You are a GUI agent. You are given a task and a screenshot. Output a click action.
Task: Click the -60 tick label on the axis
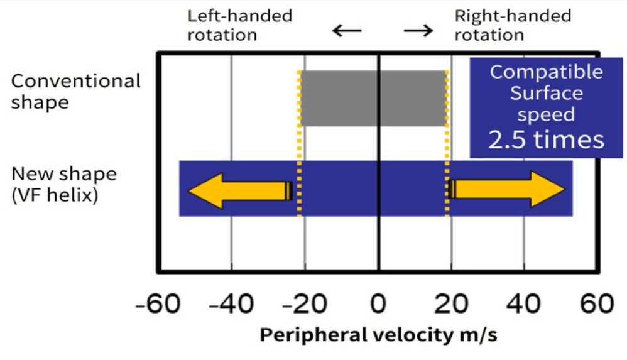[158, 304]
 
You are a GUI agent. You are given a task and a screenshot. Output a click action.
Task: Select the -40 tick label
[231, 304]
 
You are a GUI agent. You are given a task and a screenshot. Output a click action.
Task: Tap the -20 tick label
[305, 304]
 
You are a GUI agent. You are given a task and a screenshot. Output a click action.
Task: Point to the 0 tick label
[378, 304]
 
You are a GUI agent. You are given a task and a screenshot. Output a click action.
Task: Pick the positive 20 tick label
[451, 304]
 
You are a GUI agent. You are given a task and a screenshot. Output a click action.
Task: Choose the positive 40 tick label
[524, 304]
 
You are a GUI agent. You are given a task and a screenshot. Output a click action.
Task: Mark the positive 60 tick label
[597, 304]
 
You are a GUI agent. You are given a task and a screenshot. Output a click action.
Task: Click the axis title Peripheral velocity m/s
[378, 335]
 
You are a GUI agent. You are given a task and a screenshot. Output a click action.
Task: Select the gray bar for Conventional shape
[373, 99]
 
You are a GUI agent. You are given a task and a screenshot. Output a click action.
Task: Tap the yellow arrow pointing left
[241, 190]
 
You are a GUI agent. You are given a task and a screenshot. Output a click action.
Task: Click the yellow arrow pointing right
[506, 189]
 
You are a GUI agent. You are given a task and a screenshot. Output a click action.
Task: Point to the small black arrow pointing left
[347, 30]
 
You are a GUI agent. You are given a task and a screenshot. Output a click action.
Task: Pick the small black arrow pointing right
[418, 30]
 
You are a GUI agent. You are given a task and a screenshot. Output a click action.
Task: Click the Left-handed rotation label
[240, 26]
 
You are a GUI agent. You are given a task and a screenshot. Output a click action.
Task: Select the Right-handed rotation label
[513, 26]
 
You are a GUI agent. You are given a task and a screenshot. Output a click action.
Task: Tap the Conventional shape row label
[75, 92]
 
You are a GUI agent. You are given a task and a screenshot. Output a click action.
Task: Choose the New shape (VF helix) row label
[64, 185]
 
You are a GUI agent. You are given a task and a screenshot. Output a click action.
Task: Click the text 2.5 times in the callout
[546, 139]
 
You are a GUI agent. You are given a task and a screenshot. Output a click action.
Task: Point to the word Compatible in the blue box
[546, 72]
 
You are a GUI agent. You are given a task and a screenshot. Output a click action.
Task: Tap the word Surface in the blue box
[546, 93]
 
